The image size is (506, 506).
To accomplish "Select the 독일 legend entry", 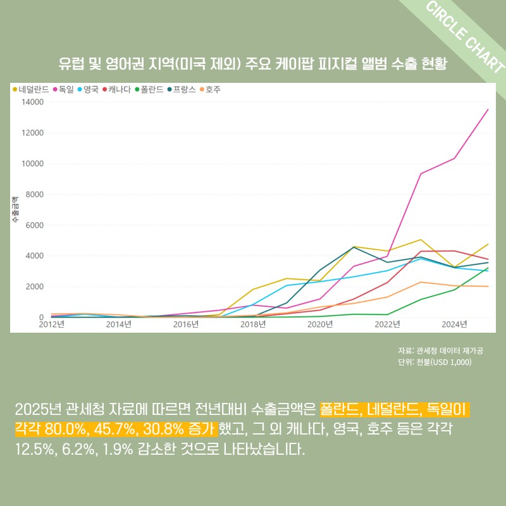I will tap(66, 90).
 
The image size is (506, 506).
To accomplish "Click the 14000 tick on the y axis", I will tap(31, 102).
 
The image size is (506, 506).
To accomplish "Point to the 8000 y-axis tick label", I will tap(33, 195).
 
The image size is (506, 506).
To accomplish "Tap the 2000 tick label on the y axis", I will tap(33, 287).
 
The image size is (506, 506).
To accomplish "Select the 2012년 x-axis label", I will tap(52, 324).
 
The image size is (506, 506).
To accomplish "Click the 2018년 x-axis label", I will tap(253, 324).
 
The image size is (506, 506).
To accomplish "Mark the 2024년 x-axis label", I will tap(454, 324).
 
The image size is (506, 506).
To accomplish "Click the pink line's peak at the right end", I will tap(488, 109).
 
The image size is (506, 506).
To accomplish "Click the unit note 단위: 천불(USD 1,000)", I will tap(435, 362).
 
